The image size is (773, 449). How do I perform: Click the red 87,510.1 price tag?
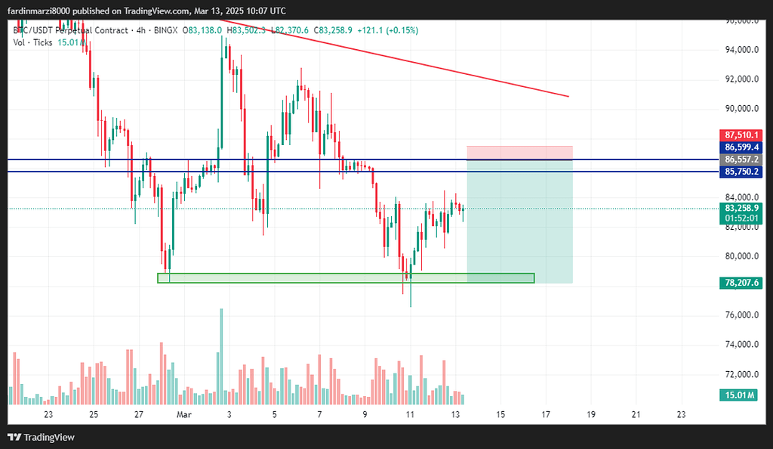pyautogui.click(x=741, y=135)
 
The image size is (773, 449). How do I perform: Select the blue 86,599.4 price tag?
pyautogui.click(x=741, y=147)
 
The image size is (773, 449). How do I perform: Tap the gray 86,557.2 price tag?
pyautogui.click(x=741, y=159)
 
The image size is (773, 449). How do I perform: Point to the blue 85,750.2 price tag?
pyautogui.click(x=741, y=172)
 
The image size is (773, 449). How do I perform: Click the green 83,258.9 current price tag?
pyautogui.click(x=741, y=208)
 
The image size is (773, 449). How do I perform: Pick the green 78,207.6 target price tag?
pyautogui.click(x=741, y=283)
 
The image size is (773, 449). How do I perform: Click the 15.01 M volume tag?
pyautogui.click(x=741, y=395)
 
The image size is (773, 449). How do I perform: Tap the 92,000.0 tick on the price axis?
pyautogui.click(x=741, y=79)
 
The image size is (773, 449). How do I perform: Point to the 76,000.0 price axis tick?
pyautogui.click(x=741, y=315)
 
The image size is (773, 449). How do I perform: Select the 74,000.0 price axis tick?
pyautogui.click(x=741, y=345)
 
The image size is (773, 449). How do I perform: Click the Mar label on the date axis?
pyautogui.click(x=184, y=414)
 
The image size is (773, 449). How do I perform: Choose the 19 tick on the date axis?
pyautogui.click(x=590, y=414)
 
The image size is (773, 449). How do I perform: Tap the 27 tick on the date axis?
pyautogui.click(x=139, y=414)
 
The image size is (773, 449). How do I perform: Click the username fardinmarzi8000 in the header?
pyautogui.click(x=45, y=11)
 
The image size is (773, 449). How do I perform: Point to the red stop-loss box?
pyautogui.click(x=519, y=152)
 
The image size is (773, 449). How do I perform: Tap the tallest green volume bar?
pyautogui.click(x=221, y=356)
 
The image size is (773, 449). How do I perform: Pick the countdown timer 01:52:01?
pyautogui.click(x=741, y=218)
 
